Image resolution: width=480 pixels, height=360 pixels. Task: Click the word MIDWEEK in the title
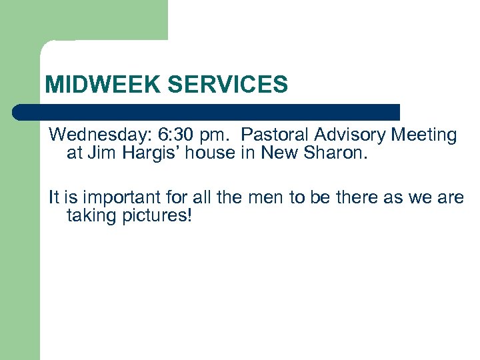pos(103,85)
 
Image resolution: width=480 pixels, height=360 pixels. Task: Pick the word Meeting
pos(424,135)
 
